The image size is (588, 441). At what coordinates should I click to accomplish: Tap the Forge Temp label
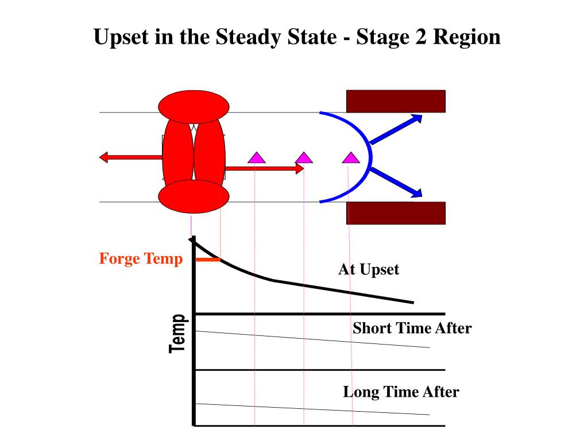(x=141, y=259)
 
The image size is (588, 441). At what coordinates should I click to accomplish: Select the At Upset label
(x=368, y=269)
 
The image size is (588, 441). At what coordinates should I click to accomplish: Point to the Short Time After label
(x=412, y=328)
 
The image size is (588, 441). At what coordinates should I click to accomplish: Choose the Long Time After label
(x=401, y=392)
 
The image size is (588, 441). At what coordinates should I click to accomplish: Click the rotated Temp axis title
(x=178, y=334)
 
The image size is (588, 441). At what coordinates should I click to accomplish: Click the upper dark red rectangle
(x=396, y=101)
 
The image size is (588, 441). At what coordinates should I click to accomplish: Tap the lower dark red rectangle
(x=396, y=213)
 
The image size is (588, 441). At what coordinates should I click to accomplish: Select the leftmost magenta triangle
(x=256, y=157)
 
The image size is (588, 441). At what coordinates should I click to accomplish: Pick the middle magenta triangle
(x=304, y=157)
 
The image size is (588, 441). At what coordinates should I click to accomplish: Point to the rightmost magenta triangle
(x=350, y=157)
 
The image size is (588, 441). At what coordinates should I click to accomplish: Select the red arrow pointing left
(x=130, y=157)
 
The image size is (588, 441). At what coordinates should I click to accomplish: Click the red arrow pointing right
(x=264, y=169)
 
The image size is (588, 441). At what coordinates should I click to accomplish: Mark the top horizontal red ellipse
(x=194, y=106)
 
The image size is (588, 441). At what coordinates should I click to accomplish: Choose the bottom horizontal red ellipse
(x=194, y=196)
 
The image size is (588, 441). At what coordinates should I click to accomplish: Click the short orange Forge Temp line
(x=208, y=260)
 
